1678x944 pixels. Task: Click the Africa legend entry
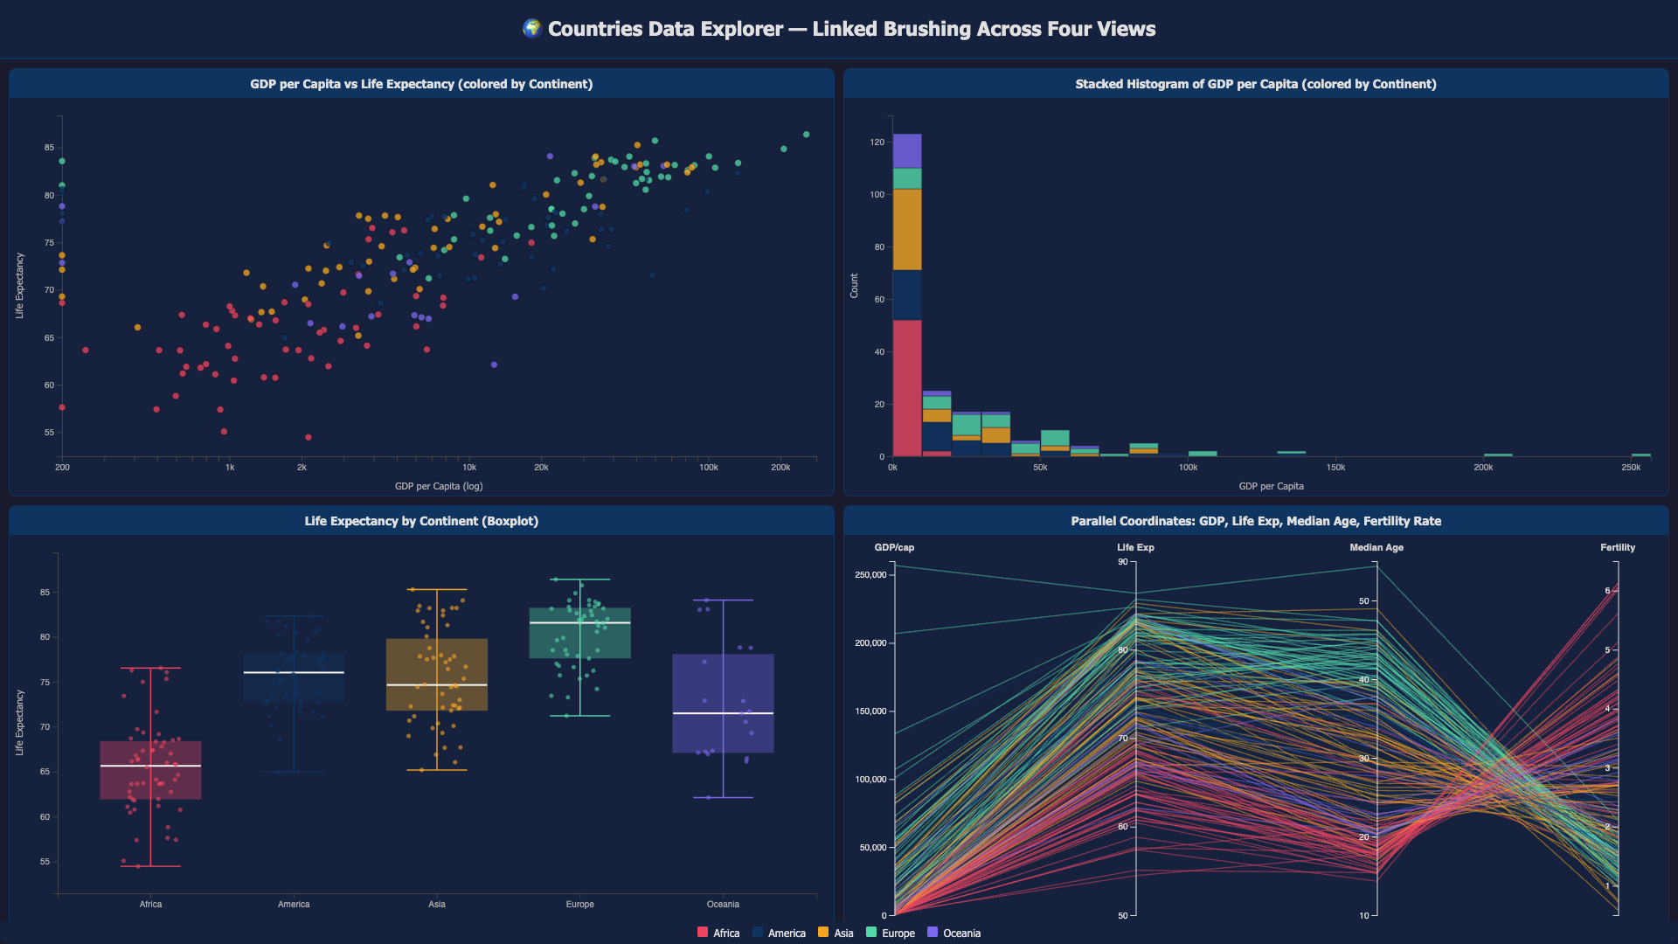coord(718,933)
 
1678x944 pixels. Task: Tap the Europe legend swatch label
coord(898,933)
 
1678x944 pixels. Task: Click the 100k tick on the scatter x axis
coord(708,468)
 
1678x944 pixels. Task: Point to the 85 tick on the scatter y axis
coord(49,148)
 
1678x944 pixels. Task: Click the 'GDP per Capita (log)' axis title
coord(439,486)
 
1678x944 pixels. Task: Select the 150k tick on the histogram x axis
coord(1335,468)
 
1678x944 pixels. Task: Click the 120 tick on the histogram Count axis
coord(877,142)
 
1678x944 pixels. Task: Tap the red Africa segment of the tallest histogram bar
coord(907,388)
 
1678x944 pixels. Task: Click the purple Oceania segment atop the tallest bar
coord(907,151)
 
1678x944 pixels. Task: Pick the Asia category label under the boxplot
coord(437,904)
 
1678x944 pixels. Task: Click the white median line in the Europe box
coord(580,622)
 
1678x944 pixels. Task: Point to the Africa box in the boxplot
coord(150,770)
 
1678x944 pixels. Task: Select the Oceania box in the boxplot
coord(723,704)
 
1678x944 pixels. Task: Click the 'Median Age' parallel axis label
coord(1376,547)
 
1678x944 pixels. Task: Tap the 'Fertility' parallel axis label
coord(1618,547)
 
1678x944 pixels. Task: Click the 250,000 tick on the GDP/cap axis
coord(870,574)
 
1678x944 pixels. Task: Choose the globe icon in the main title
coord(531,29)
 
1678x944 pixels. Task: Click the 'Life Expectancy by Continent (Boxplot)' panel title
coord(421,521)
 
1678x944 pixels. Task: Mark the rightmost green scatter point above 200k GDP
coord(807,135)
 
